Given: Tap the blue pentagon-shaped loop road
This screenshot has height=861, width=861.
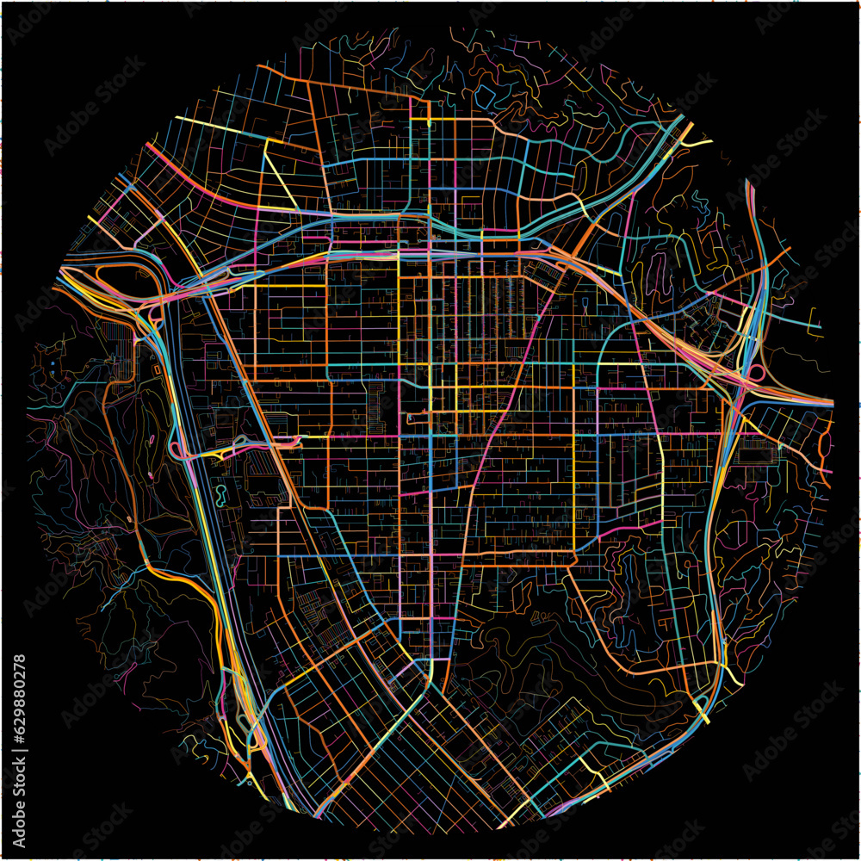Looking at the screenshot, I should pos(482,96).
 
